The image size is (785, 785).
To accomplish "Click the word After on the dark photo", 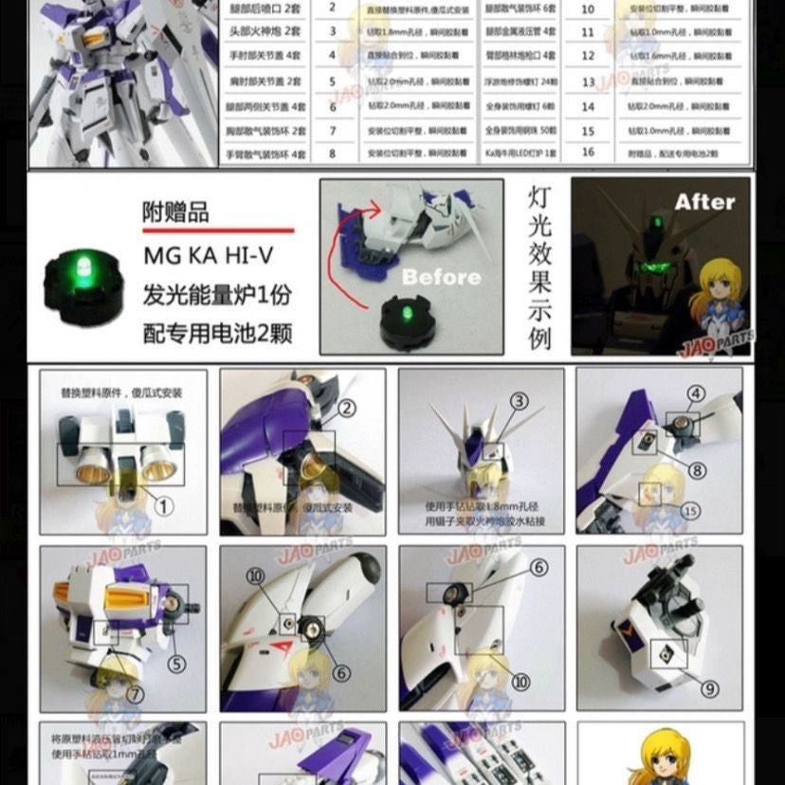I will [704, 202].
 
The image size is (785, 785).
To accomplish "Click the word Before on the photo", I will [441, 277].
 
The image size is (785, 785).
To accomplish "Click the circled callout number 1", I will [165, 505].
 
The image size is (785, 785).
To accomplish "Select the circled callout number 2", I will [346, 409].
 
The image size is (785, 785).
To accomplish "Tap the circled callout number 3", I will [519, 401].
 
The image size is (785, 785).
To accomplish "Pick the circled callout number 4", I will [697, 392].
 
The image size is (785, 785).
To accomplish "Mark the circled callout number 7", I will [136, 695].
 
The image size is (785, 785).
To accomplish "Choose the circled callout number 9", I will [709, 689].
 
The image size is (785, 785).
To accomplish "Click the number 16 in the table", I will [588, 153].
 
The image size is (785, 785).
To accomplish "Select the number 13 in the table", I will [588, 82].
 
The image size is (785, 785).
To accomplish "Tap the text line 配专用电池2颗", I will [217, 333].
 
